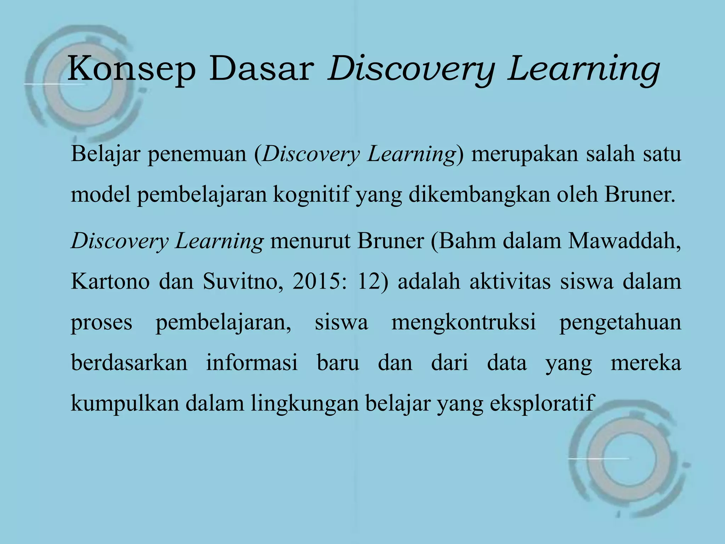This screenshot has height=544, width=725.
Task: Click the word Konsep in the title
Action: pyautogui.click(x=131, y=69)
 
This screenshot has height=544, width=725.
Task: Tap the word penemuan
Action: pyautogui.click(x=197, y=155)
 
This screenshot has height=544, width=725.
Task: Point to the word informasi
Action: pyautogui.click(x=252, y=363)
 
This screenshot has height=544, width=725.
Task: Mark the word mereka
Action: pyautogui.click(x=646, y=363)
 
